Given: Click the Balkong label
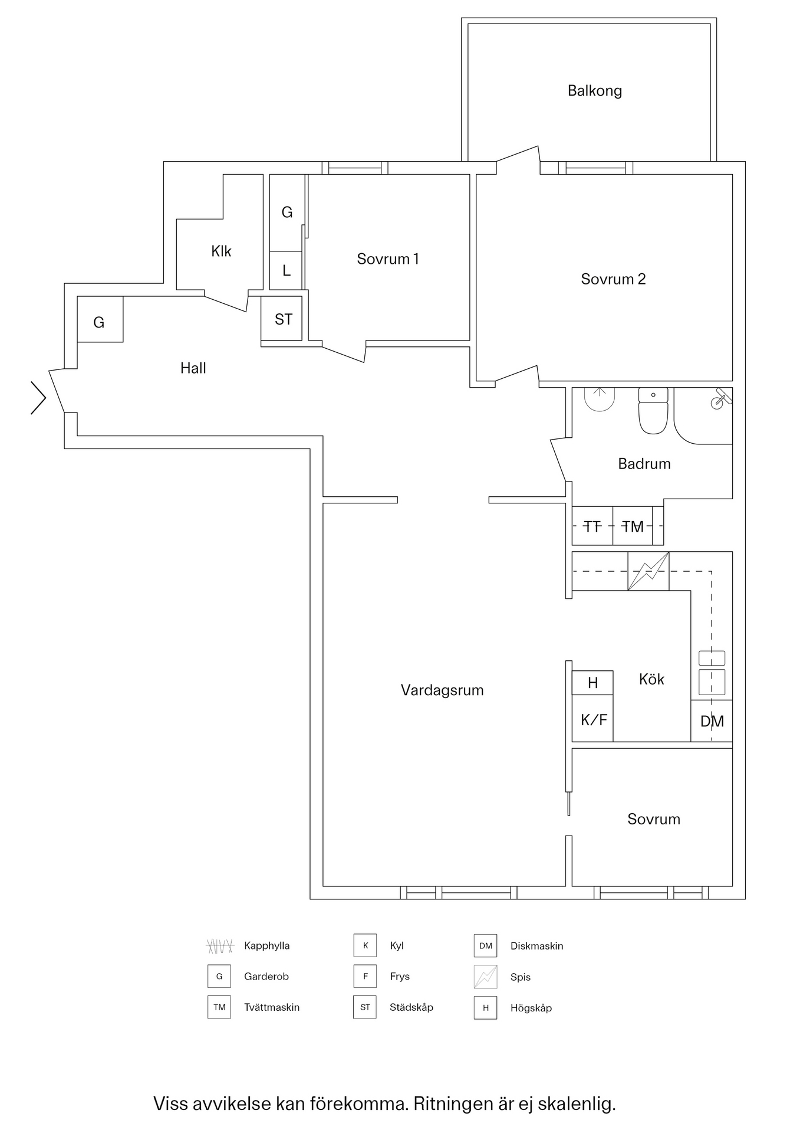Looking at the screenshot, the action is pyautogui.click(x=594, y=91).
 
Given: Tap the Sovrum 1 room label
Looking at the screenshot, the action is pyautogui.click(x=387, y=259).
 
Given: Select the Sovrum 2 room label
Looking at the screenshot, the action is pyautogui.click(x=613, y=279).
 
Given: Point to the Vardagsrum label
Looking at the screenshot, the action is pyautogui.click(x=442, y=690).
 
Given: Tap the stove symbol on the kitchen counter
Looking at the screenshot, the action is pyautogui.click(x=648, y=571).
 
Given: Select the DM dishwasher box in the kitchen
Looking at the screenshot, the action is pyautogui.click(x=712, y=721).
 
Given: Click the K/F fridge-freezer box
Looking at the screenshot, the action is pyautogui.click(x=593, y=720).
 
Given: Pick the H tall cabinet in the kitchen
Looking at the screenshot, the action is pyautogui.click(x=592, y=683).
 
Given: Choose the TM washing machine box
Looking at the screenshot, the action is pyautogui.click(x=633, y=526).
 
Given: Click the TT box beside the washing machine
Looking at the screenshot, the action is pyautogui.click(x=592, y=526).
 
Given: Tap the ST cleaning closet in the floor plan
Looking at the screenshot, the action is pyautogui.click(x=282, y=319).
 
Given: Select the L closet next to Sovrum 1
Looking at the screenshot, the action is pyautogui.click(x=287, y=271).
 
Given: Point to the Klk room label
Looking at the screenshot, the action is pyautogui.click(x=221, y=251).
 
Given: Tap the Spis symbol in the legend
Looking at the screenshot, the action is pyautogui.click(x=485, y=977).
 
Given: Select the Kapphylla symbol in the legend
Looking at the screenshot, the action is pyautogui.click(x=220, y=946).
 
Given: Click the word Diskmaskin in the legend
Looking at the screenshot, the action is pyautogui.click(x=536, y=946).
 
